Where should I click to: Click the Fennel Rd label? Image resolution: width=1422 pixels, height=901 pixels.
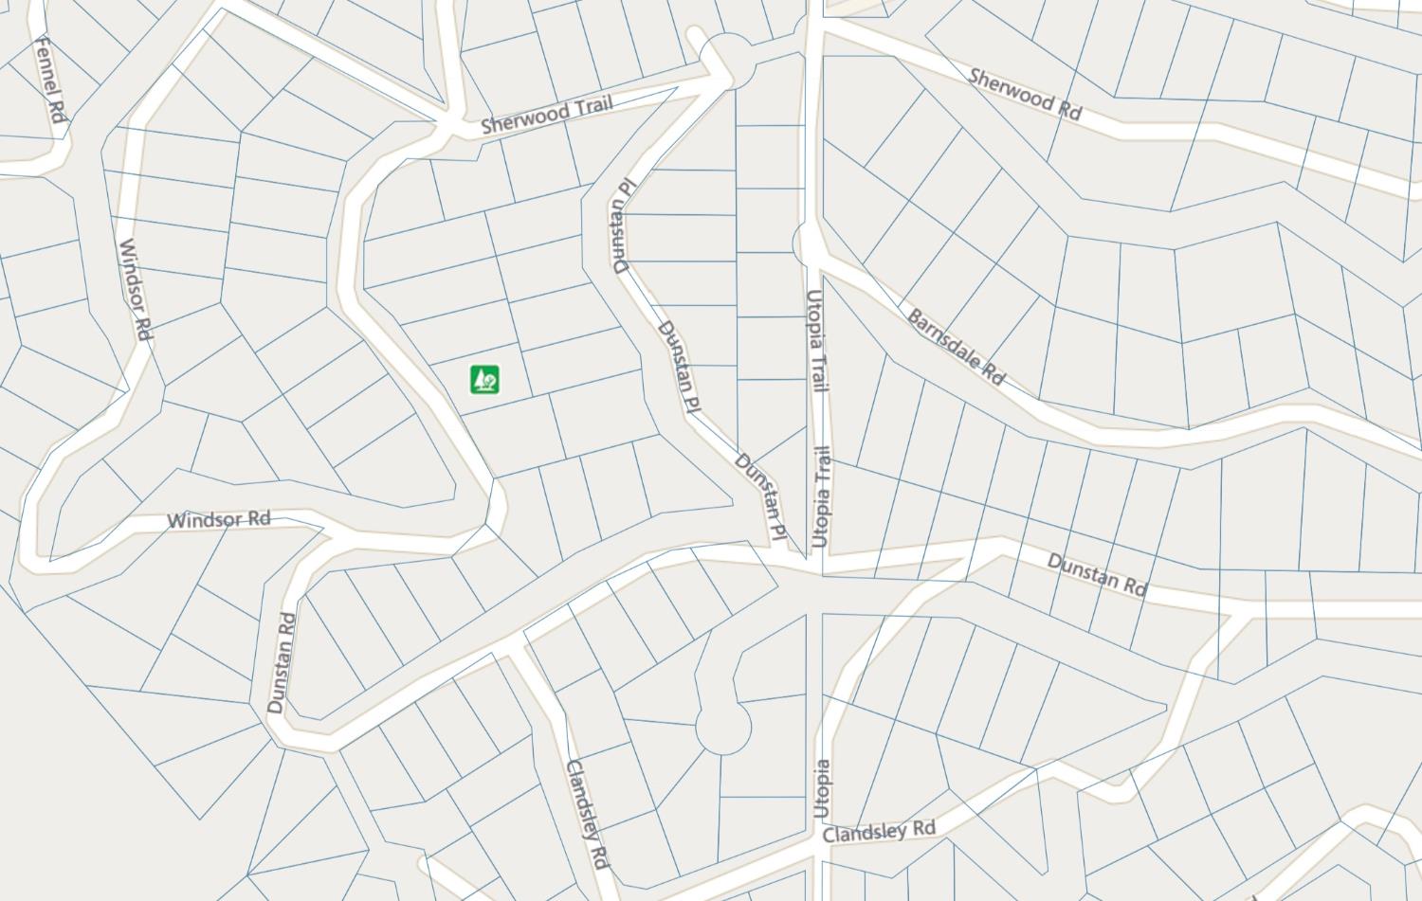coord(48,79)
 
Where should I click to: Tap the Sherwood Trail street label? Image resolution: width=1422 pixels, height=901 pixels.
coord(546,114)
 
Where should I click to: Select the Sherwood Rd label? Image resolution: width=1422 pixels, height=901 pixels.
coord(1025,93)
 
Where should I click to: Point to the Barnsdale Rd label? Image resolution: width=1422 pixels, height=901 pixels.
coord(956,347)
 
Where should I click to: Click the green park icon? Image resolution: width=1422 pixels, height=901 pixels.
coord(485,380)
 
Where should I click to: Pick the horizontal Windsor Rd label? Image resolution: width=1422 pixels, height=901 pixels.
coord(218,519)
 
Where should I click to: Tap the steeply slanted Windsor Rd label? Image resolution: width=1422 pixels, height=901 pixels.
coord(136,290)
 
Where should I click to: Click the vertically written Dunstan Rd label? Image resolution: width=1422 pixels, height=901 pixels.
coord(282,662)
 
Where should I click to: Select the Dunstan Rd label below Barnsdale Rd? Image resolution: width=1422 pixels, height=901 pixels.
coord(1097,574)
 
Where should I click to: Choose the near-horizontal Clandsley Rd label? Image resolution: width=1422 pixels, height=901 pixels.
coord(879,831)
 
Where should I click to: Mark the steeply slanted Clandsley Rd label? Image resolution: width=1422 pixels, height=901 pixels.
coord(586,813)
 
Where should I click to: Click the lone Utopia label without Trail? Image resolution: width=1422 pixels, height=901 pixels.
coord(822,788)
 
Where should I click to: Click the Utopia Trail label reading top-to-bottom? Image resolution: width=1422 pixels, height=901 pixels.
coord(817,340)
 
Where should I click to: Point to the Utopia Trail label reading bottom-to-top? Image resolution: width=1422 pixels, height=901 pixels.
coord(822,497)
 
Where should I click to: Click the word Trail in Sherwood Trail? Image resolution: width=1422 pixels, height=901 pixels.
coord(585,107)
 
